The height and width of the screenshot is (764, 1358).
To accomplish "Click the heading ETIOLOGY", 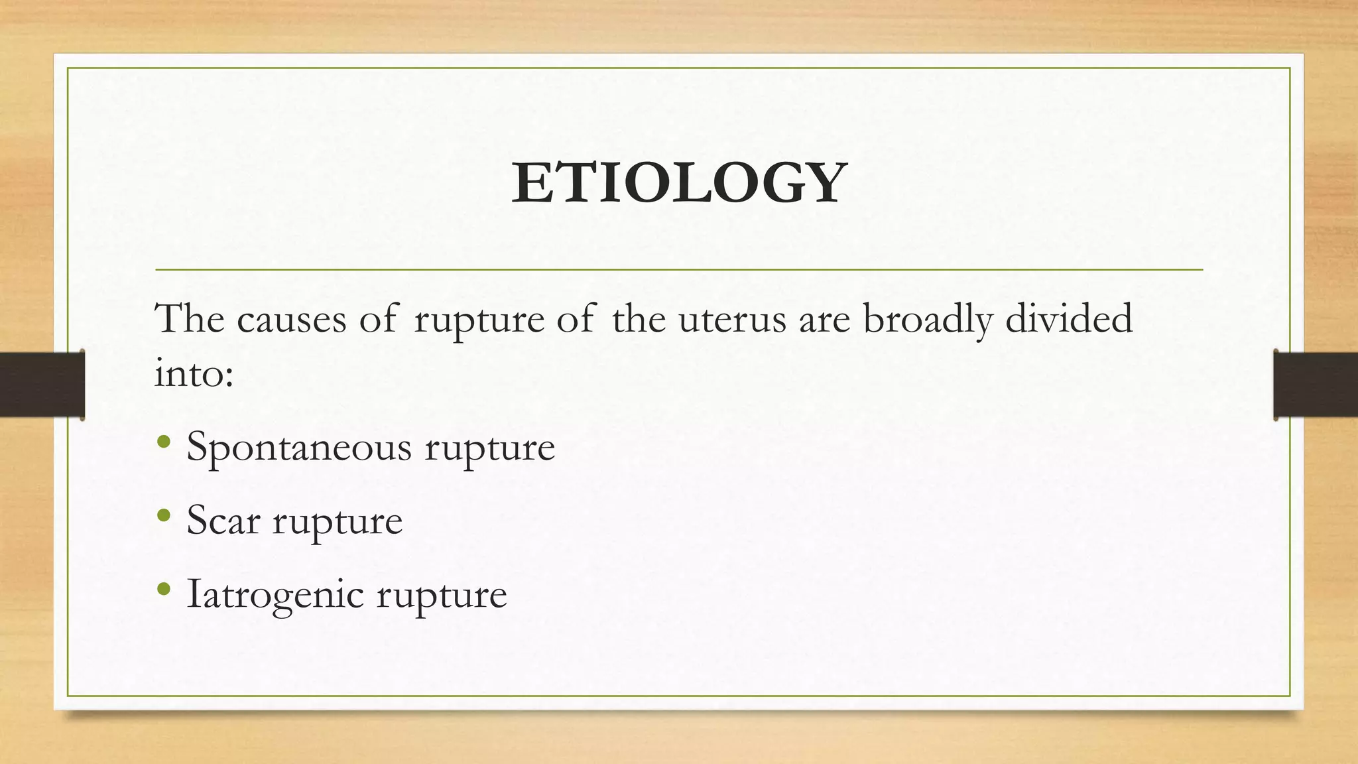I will coord(679,183).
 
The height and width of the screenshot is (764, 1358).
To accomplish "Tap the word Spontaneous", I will coord(298,447).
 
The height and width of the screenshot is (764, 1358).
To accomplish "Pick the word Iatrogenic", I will coord(275,594).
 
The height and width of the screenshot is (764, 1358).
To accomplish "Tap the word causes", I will coord(292,319).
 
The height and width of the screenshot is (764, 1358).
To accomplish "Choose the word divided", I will coord(1069,319).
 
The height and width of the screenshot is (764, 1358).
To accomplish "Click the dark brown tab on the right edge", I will coord(1316,385).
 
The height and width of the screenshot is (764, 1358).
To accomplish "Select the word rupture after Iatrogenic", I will coord(442,595).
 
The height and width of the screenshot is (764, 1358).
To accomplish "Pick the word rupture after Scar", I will coord(338,521).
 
